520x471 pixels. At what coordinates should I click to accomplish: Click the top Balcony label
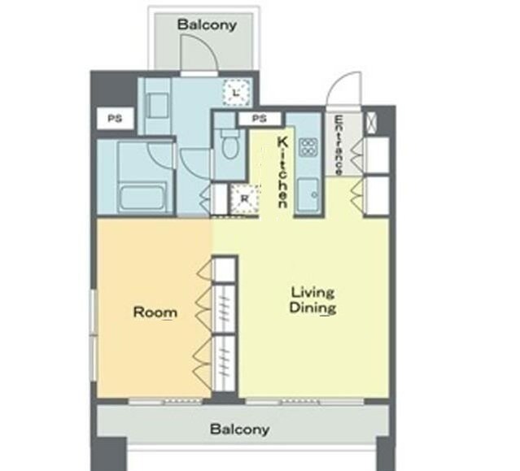pyautogui.click(x=207, y=25)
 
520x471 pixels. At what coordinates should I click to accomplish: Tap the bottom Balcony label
pyautogui.click(x=239, y=430)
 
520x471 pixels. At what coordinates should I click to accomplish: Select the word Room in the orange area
pyautogui.click(x=155, y=312)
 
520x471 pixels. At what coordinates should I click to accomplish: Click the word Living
pyautogui.click(x=312, y=293)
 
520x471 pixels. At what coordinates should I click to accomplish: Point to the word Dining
pyautogui.click(x=312, y=307)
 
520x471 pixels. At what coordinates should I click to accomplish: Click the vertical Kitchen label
pyautogui.click(x=282, y=172)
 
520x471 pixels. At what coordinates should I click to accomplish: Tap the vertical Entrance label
pyautogui.click(x=339, y=145)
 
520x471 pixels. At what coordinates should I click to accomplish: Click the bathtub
pyautogui.click(x=142, y=198)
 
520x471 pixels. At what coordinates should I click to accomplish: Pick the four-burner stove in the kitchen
pyautogui.click(x=308, y=147)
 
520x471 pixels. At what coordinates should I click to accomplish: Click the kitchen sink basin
pyautogui.click(x=308, y=195)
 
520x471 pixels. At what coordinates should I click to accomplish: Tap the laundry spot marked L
pyautogui.click(x=236, y=93)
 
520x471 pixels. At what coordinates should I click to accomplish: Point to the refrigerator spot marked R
pyautogui.click(x=245, y=198)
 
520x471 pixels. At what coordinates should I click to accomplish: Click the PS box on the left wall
pyautogui.click(x=115, y=118)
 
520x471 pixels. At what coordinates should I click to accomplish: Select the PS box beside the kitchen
pyautogui.click(x=260, y=119)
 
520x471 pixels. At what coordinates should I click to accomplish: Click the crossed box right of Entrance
pyautogui.click(x=370, y=123)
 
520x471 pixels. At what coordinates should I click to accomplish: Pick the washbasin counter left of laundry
pyautogui.click(x=158, y=106)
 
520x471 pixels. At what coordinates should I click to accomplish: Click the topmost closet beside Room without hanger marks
pyautogui.click(x=223, y=270)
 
